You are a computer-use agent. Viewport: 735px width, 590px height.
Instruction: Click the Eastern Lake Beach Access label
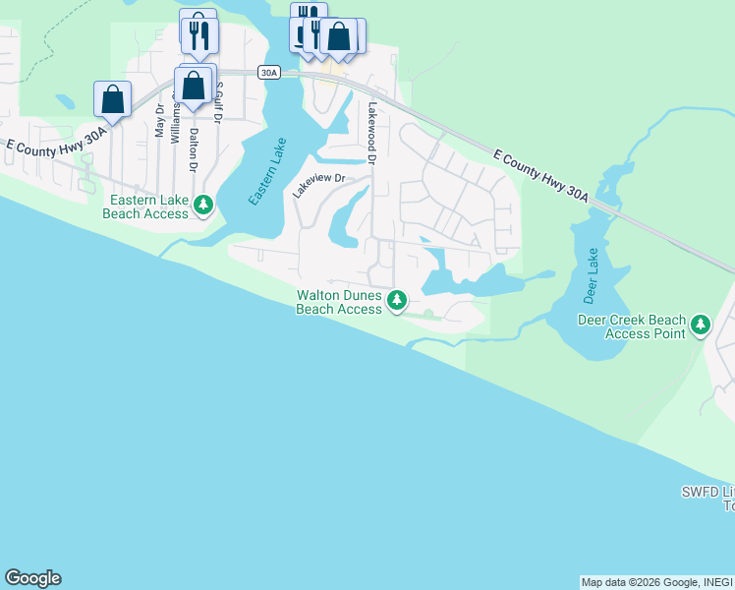click(x=147, y=206)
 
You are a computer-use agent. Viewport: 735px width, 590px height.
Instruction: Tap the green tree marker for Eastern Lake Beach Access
click(x=203, y=206)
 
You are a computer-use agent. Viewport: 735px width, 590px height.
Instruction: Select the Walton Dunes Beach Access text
click(x=339, y=302)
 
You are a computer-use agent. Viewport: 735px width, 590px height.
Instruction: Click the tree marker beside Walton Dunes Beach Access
click(x=396, y=300)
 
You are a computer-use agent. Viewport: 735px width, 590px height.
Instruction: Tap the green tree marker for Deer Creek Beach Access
click(x=700, y=324)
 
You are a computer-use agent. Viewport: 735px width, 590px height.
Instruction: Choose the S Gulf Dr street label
click(x=219, y=103)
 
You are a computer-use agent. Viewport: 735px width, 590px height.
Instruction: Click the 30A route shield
click(x=269, y=73)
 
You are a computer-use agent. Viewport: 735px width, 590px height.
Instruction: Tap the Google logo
click(x=32, y=578)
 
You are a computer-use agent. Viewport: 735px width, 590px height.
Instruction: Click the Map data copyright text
click(x=655, y=582)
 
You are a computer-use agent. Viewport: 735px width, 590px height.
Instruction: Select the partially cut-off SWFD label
click(x=707, y=499)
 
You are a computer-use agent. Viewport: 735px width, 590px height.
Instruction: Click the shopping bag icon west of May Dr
click(x=113, y=99)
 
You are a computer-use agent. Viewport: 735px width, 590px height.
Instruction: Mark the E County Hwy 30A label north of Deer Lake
click(x=540, y=176)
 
